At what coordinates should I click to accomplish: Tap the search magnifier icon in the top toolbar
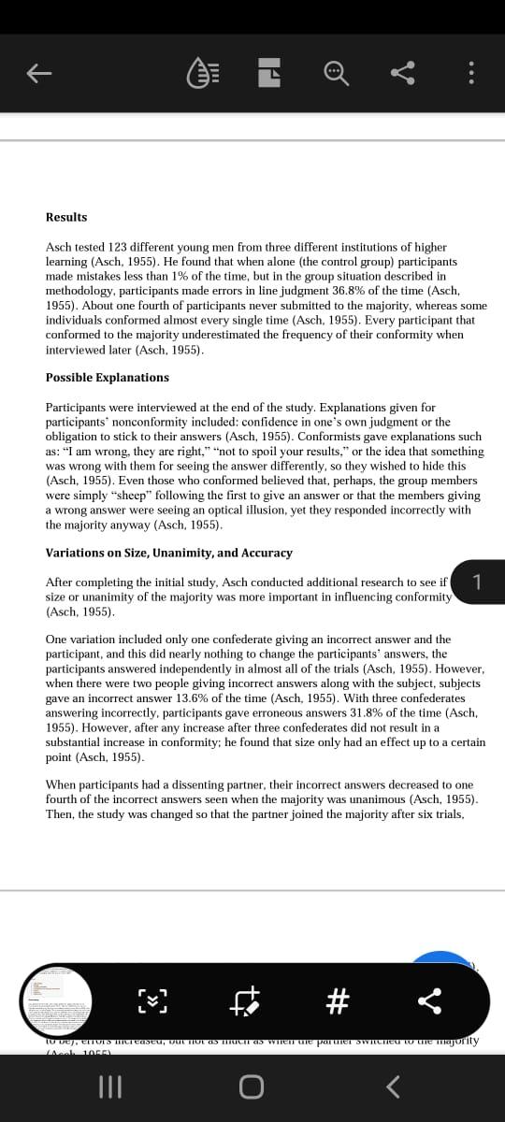(x=336, y=73)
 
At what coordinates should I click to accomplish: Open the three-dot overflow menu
(x=470, y=73)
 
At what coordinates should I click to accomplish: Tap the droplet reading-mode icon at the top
(x=203, y=73)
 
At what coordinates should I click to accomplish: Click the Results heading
(x=66, y=217)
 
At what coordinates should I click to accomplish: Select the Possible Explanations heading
(x=108, y=378)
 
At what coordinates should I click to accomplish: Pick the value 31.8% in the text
(x=360, y=712)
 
